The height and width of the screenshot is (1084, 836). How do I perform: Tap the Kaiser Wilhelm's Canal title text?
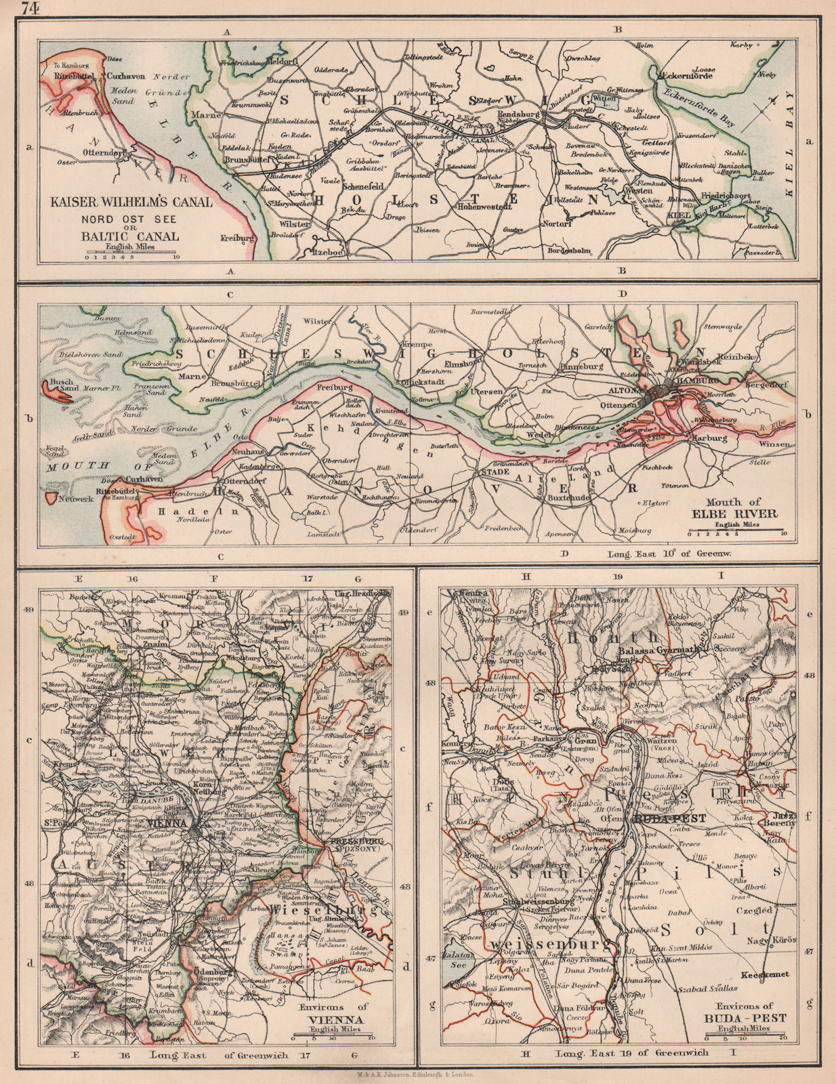[129, 202]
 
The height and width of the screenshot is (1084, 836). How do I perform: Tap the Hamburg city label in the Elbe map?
[691, 381]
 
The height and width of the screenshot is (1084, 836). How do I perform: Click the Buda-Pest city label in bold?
[671, 818]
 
